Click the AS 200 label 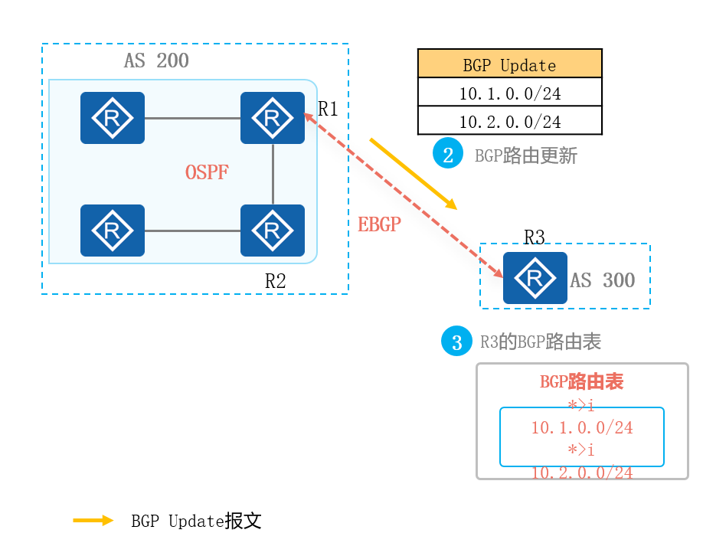(x=156, y=61)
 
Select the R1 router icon (x=272, y=118)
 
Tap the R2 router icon (x=272, y=230)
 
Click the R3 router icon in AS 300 (x=535, y=277)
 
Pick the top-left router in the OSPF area (x=113, y=118)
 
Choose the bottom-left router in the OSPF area (x=113, y=230)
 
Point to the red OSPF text (x=207, y=172)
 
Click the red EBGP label (x=379, y=224)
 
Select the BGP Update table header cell (x=509, y=64)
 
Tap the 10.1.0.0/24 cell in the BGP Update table (x=509, y=93)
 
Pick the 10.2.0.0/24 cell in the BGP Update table (x=509, y=121)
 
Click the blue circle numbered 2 (x=448, y=155)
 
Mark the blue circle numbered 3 (x=457, y=342)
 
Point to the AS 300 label (x=602, y=280)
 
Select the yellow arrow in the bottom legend (x=93, y=521)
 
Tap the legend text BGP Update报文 (x=196, y=522)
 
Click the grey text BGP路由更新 (x=525, y=156)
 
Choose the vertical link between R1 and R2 (x=273, y=174)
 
